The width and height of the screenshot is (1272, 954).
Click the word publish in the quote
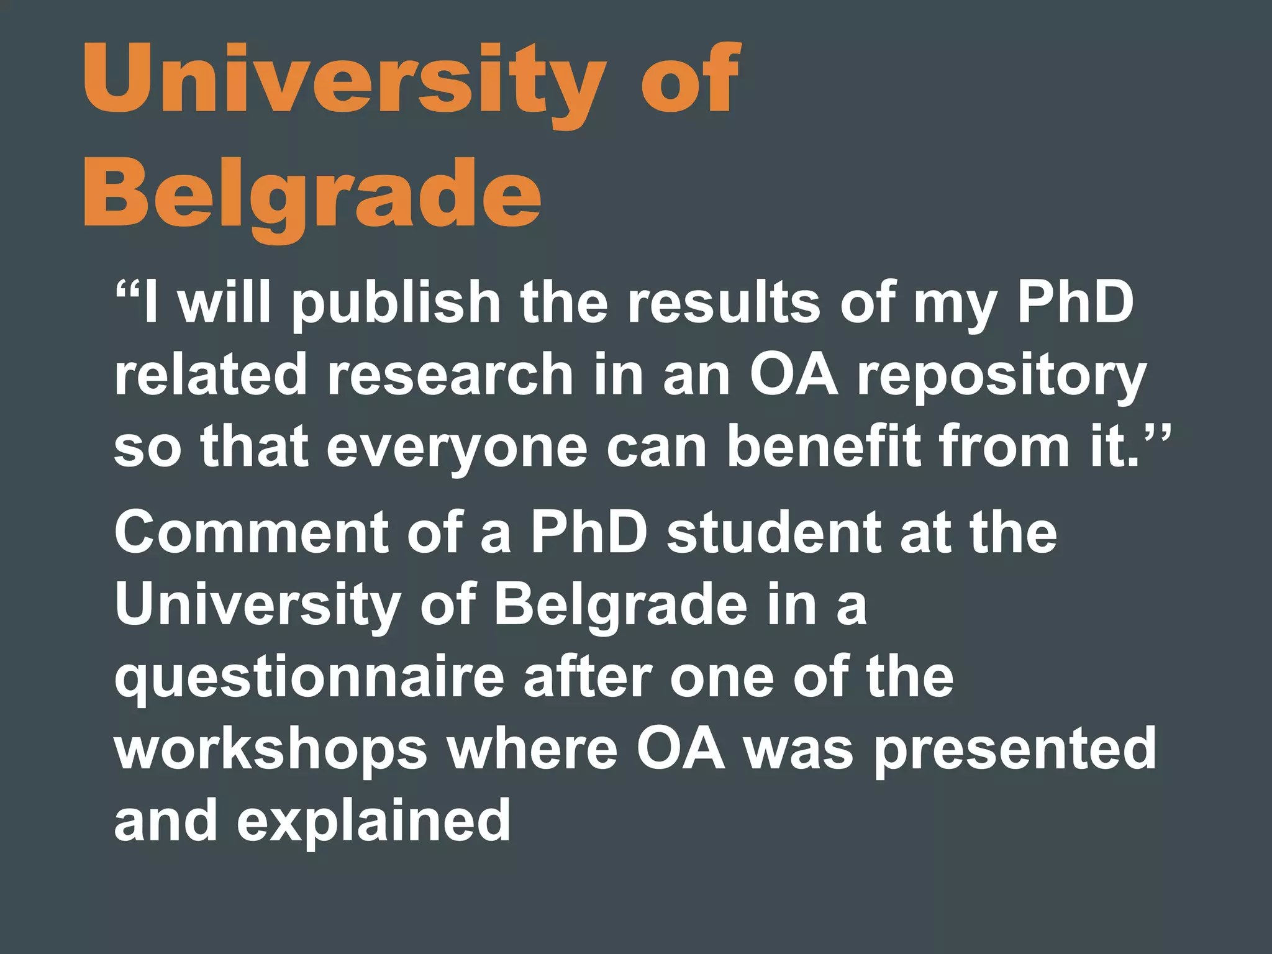pyautogui.click(x=396, y=304)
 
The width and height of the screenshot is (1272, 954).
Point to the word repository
pyautogui.click(x=1001, y=376)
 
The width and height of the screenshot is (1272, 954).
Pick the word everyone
pyautogui.click(x=456, y=448)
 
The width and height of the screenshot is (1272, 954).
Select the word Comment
pyautogui.click(x=251, y=533)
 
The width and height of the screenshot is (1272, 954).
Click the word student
pyautogui.click(x=773, y=533)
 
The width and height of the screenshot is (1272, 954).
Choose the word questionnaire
pyautogui.click(x=309, y=679)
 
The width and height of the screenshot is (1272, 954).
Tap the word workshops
pyautogui.click(x=271, y=750)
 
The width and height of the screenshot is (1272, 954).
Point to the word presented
pyautogui.click(x=1015, y=750)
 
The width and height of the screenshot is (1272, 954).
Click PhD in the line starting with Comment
pyautogui.click(x=588, y=533)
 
